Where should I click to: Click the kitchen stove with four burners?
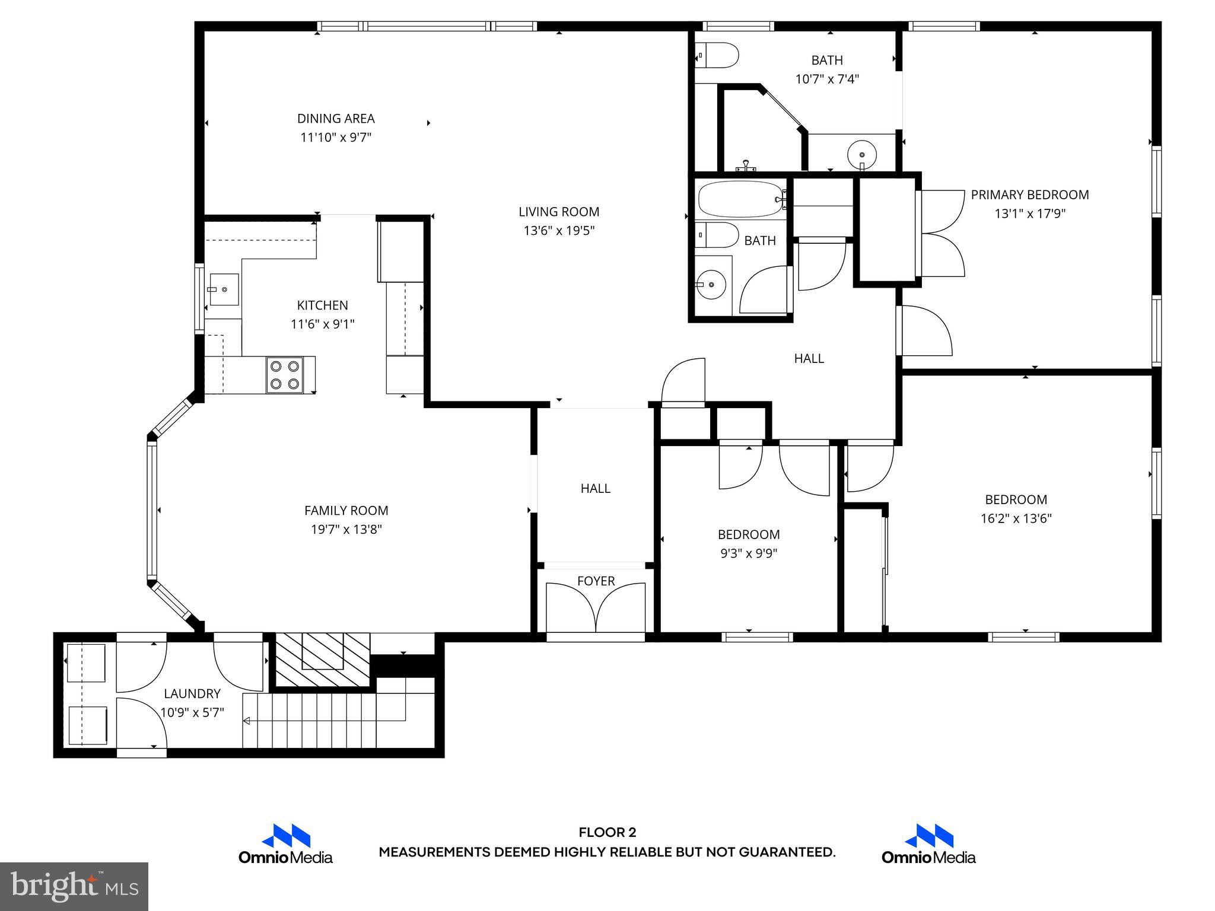click(x=285, y=375)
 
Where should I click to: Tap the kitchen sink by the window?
click(x=224, y=289)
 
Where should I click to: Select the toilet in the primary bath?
click(x=717, y=56)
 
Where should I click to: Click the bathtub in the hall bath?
click(x=741, y=200)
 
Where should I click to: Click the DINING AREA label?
click(x=336, y=119)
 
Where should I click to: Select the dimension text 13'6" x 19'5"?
click(x=559, y=231)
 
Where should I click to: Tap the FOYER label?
click(x=596, y=581)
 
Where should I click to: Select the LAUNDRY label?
click(x=192, y=693)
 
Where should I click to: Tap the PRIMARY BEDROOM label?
click(x=1030, y=195)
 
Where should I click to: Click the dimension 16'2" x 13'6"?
click(x=1016, y=518)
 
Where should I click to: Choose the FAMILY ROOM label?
click(x=346, y=511)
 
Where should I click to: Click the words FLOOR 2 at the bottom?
click(x=607, y=833)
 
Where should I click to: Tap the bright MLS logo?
click(x=74, y=886)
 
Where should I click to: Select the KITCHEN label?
click(x=323, y=305)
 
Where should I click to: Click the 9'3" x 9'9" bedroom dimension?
click(x=749, y=553)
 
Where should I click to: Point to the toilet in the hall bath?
click(x=717, y=235)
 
